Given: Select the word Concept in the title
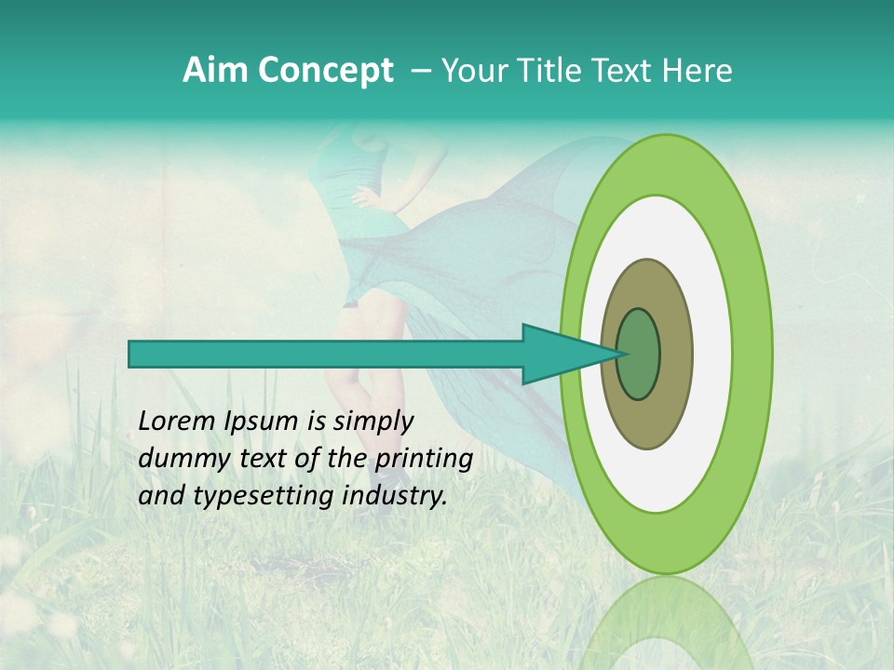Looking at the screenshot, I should tap(325, 72).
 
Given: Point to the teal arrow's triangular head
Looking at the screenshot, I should tap(559, 354).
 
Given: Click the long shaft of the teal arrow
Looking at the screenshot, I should tap(326, 354).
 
